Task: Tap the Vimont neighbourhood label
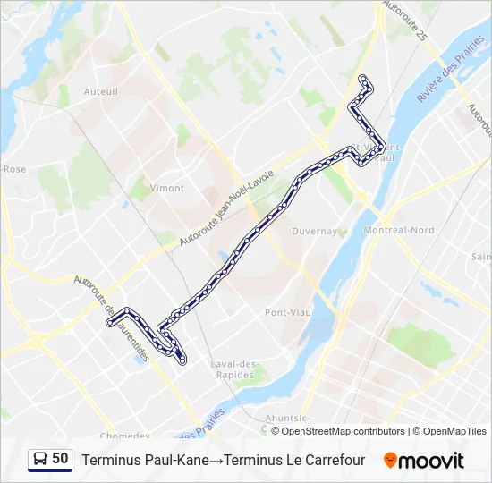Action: [x=167, y=188]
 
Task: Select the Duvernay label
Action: [x=315, y=231]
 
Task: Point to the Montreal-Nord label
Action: [x=400, y=230]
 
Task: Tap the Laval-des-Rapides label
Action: [x=234, y=369]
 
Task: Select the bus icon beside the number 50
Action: [x=39, y=459]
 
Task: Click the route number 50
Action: [x=60, y=459]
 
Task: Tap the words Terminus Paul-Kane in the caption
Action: [x=146, y=460]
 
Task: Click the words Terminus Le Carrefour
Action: [x=294, y=460]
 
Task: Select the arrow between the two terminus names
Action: [x=216, y=460]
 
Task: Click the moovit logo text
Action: [x=431, y=461]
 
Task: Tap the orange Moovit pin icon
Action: [x=390, y=461]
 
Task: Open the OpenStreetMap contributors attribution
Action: [x=343, y=431]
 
